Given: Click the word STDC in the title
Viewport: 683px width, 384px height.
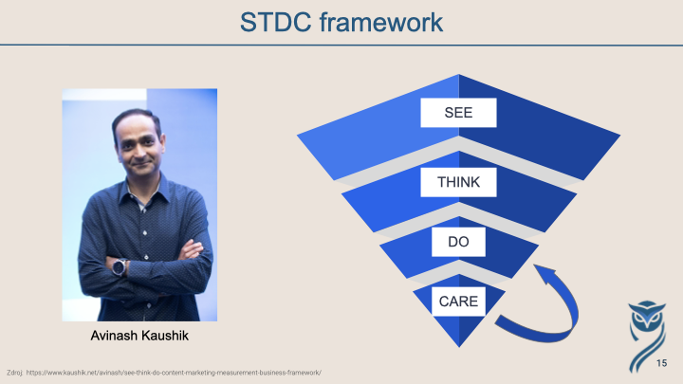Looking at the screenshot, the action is click(276, 22).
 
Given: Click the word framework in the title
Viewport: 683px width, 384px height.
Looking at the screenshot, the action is click(381, 22).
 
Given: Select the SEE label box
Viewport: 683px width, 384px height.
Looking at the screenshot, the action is click(458, 113).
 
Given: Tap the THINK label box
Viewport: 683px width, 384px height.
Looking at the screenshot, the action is click(458, 182).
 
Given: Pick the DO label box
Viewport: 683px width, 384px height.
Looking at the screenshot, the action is click(458, 242).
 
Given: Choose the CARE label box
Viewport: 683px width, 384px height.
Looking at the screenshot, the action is click(458, 302).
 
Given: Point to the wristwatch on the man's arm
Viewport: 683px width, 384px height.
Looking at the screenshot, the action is click(120, 266).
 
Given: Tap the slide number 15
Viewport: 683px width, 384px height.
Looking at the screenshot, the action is click(662, 363).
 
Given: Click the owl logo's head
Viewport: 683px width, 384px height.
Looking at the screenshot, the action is click(647, 315).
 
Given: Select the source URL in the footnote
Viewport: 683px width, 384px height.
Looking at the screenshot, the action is click(174, 373).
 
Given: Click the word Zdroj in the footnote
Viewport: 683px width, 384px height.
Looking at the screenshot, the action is click(15, 373).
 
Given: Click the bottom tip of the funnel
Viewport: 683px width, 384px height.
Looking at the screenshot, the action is click(459, 347).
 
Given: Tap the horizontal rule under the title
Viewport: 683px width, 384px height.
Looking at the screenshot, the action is click(341, 45).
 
